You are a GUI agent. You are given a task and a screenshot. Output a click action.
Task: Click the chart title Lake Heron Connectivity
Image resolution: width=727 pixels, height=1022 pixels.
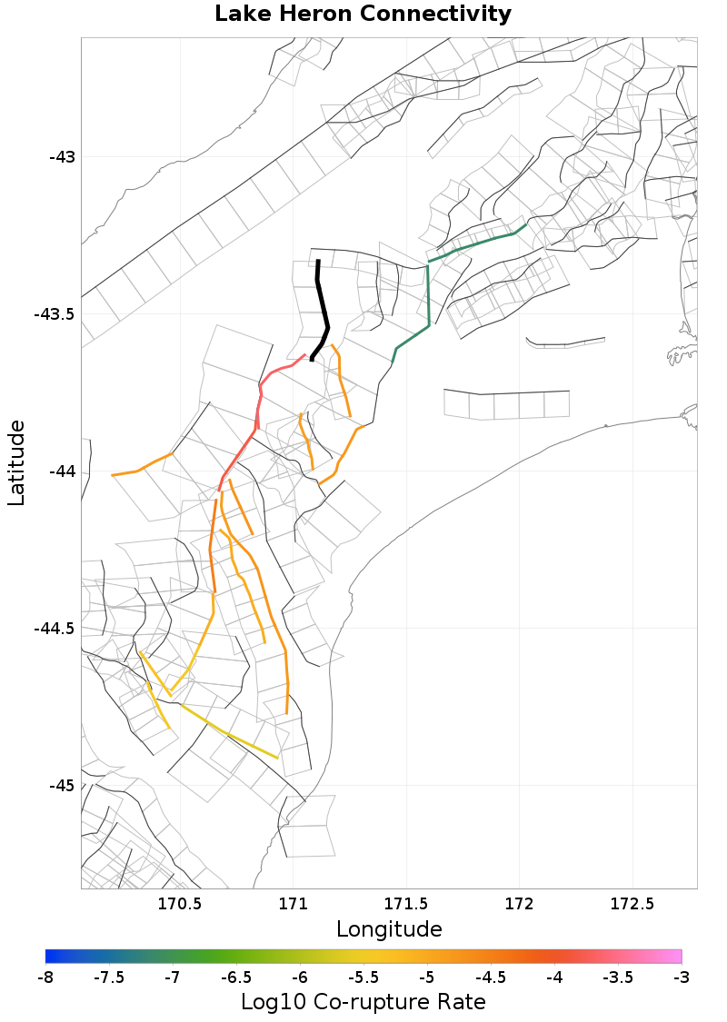363,15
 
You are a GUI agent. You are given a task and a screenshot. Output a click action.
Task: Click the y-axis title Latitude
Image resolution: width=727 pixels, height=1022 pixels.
16,462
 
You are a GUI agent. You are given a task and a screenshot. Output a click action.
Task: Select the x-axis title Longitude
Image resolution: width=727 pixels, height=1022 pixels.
389,929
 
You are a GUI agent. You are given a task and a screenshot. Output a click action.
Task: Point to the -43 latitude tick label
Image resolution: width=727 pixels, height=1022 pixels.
62,157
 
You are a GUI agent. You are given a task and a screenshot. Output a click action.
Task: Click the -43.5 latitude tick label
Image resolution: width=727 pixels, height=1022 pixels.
55,314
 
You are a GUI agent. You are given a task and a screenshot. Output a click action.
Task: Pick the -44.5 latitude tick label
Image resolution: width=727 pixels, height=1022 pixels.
55,629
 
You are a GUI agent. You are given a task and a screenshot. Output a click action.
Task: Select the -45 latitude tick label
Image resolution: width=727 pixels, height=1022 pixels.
62,786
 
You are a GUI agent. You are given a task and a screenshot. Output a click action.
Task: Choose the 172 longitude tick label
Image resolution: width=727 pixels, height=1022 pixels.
519,904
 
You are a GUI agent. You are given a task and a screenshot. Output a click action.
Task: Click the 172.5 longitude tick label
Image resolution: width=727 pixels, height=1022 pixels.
632,904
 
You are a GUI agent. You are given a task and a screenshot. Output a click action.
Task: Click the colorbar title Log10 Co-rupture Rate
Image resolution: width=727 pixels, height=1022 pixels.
363,1002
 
